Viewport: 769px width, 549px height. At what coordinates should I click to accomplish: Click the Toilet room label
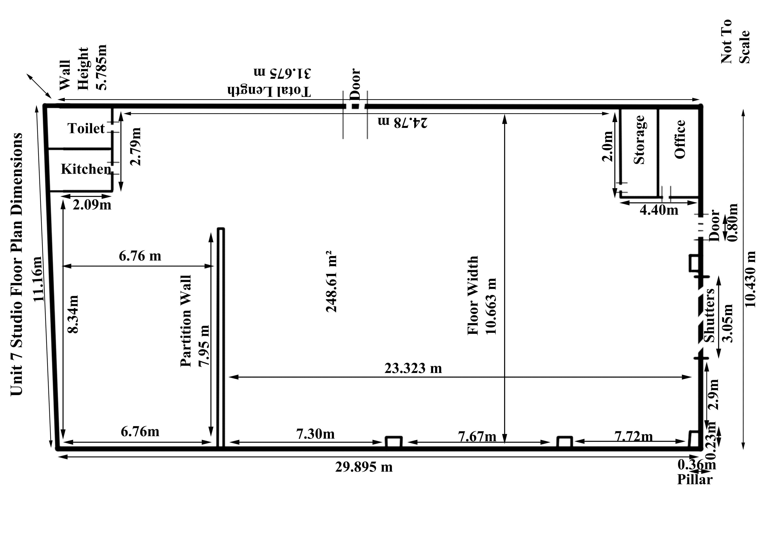coord(86,128)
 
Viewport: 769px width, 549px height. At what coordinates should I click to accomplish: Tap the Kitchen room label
coord(86,169)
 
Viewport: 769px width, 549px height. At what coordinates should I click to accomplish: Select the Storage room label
coord(639,140)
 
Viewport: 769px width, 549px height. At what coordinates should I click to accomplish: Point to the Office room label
coord(680,139)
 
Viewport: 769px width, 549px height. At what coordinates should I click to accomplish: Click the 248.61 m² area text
coord(331,281)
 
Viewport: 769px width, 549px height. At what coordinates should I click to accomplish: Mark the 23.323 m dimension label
coord(413,368)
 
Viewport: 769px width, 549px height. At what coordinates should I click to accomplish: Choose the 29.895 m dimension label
coord(364,467)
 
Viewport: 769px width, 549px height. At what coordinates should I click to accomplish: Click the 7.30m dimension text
coord(315,434)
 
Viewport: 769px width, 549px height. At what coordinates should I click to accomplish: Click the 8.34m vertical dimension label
coord(73,314)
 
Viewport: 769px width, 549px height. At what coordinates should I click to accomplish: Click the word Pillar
coord(695,479)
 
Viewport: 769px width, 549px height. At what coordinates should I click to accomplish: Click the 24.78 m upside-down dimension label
coord(402,122)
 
